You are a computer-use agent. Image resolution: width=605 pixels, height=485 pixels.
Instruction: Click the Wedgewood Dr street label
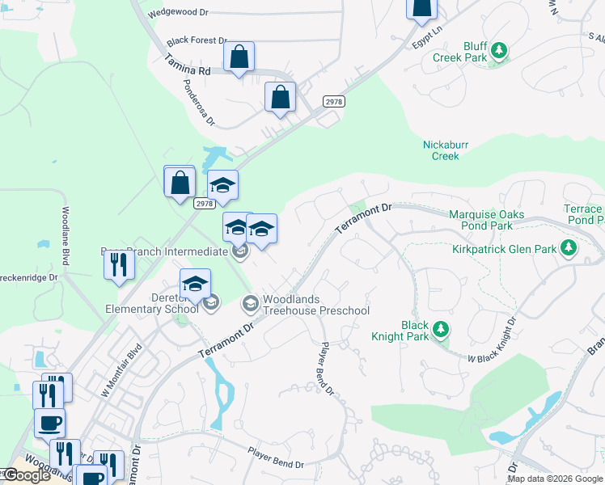[x=180, y=13]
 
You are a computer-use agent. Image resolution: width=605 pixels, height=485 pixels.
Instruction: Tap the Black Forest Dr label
[x=197, y=40]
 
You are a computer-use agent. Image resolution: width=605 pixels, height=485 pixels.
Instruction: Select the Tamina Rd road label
[x=187, y=65]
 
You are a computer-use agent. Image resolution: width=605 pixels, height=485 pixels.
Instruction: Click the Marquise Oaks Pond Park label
[x=487, y=220]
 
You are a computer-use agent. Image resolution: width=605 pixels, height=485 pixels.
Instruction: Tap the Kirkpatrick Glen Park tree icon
[x=568, y=247]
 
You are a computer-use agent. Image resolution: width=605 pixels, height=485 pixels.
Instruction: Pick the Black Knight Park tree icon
[x=441, y=328]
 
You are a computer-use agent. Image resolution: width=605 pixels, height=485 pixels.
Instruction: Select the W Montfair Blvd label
[x=121, y=370]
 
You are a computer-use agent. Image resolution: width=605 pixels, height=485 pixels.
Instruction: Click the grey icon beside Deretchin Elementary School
[x=210, y=303]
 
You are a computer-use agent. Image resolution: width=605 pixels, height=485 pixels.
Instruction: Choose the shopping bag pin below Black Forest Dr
[x=239, y=57]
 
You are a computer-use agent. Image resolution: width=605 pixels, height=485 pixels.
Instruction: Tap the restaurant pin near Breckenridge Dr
[x=119, y=265]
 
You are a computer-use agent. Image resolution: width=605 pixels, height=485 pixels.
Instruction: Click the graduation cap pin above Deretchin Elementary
[x=195, y=284]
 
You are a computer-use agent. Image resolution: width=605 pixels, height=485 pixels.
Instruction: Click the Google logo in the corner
[x=27, y=475]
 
